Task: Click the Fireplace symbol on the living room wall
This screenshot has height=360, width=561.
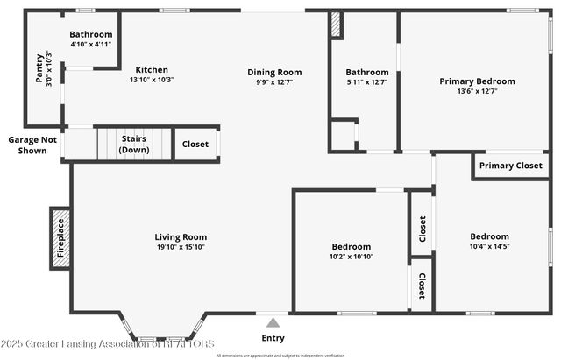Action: pos(60,237)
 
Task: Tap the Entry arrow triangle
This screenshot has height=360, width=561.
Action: pos(273,322)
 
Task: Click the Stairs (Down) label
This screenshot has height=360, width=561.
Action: pos(133,145)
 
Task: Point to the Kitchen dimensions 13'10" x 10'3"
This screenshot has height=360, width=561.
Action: pos(152,80)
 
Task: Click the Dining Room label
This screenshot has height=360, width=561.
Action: pos(273,73)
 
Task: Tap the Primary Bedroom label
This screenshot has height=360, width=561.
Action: pos(477,81)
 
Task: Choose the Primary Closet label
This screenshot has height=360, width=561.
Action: pos(511,166)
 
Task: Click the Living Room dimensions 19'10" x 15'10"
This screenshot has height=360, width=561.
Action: pos(181,247)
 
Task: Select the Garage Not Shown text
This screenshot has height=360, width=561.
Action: pos(32,145)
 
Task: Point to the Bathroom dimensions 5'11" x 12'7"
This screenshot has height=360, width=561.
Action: pos(366,82)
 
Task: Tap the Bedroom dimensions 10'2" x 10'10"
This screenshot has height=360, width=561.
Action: pos(351,257)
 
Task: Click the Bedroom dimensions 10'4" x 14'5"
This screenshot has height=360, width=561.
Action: pos(489,247)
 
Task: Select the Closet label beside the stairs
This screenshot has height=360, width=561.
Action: pos(195,145)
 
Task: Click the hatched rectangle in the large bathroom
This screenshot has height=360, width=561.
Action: pos(335,25)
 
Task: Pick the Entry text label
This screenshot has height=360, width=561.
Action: pos(273,338)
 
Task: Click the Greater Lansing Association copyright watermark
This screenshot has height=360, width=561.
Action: pos(107,344)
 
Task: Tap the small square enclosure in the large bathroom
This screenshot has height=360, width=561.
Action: pos(343,136)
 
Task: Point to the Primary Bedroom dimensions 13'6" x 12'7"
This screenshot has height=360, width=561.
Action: pos(477,91)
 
